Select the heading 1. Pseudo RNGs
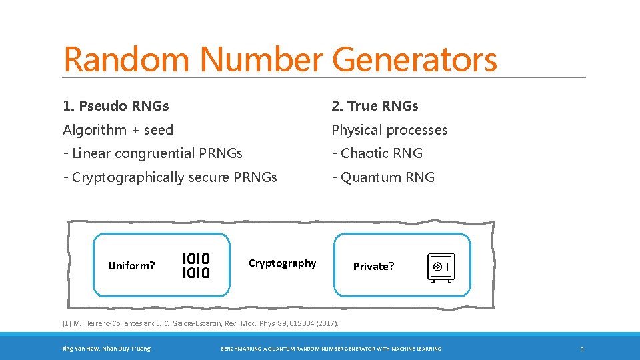click(x=116, y=106)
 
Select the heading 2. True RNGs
click(x=375, y=106)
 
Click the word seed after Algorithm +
click(x=158, y=130)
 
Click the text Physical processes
click(x=389, y=130)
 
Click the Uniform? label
click(x=131, y=265)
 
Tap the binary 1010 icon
click(x=196, y=265)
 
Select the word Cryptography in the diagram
click(x=282, y=263)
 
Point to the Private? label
click(x=373, y=266)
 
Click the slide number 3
click(x=581, y=349)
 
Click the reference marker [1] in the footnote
click(x=66, y=323)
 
